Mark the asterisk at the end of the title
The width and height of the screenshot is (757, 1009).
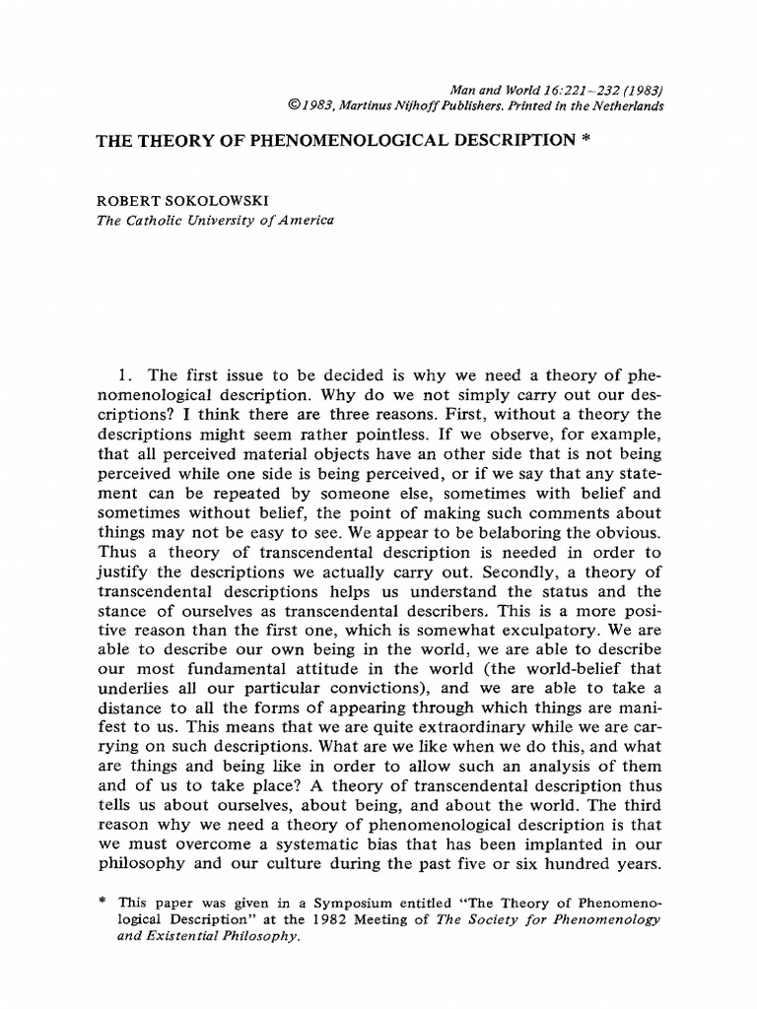(585, 141)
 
